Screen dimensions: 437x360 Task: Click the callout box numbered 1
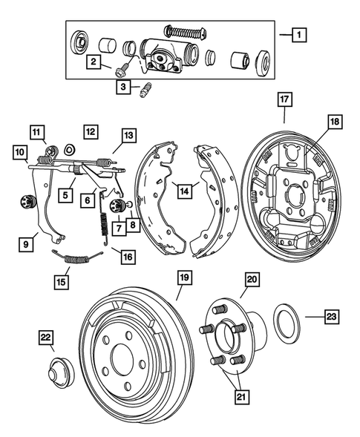[298, 34]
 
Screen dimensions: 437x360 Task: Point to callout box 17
[284, 98]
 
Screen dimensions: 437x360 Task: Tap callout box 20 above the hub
[252, 280]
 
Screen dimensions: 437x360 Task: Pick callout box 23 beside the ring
[331, 316]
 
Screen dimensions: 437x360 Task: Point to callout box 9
[29, 242]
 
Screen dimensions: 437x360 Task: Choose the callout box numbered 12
[91, 131]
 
